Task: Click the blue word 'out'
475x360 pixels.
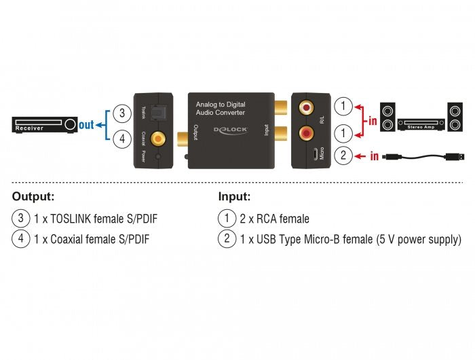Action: [x=86, y=125]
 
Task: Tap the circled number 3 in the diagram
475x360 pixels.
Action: [x=121, y=113]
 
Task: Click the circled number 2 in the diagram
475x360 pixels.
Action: [x=344, y=156]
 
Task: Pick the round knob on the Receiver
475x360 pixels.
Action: [x=71, y=125]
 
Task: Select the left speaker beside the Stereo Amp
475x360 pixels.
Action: [x=388, y=117]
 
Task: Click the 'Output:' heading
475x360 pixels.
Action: [x=33, y=196]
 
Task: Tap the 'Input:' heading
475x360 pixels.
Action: [x=234, y=196]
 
